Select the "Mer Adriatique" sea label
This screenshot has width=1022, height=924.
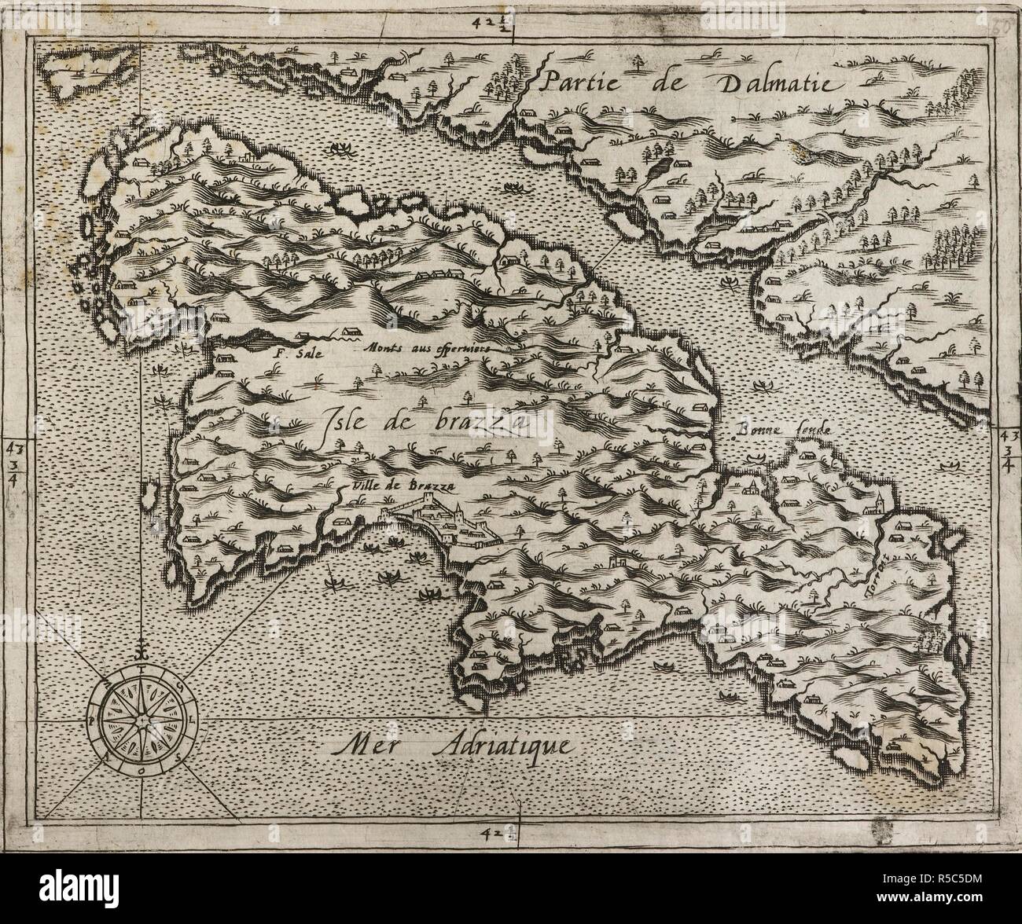point(451,743)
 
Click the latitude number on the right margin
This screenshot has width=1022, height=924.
point(1008,454)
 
